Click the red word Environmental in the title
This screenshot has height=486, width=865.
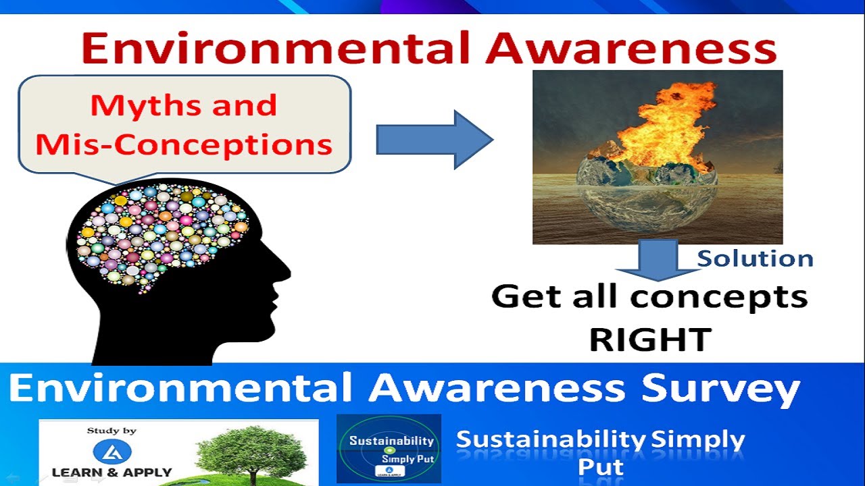(x=271, y=49)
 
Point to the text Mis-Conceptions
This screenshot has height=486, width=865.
(x=184, y=144)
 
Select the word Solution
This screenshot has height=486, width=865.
(x=755, y=259)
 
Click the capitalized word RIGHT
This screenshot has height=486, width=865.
(x=650, y=339)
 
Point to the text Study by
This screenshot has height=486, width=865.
(x=112, y=431)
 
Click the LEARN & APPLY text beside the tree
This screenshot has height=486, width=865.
(x=112, y=472)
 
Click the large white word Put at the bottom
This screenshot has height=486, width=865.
(x=600, y=467)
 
